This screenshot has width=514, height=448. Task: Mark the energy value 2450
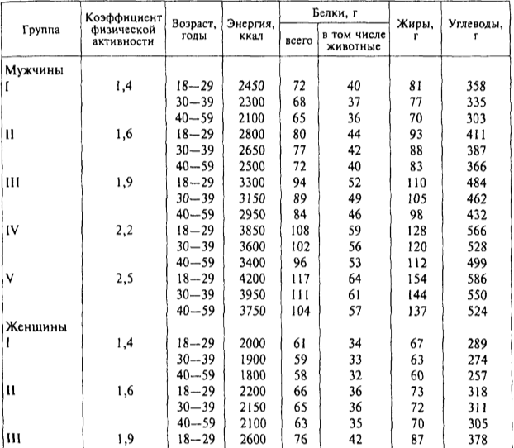coord(250,86)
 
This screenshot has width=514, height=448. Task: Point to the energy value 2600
coord(250,441)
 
